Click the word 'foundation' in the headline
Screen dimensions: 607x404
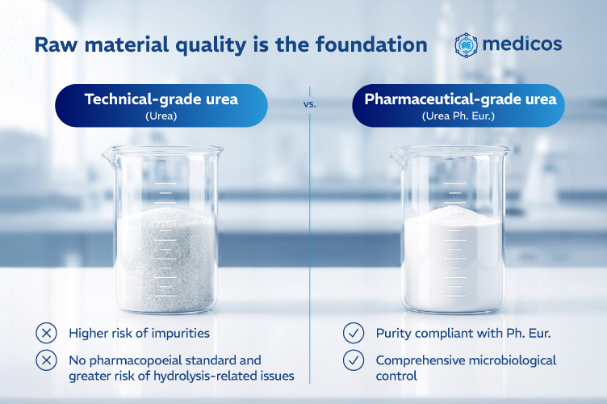(x=371, y=44)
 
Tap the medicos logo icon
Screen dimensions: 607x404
(x=466, y=45)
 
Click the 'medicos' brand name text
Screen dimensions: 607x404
(x=522, y=44)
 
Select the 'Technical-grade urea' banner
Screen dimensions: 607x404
(x=161, y=105)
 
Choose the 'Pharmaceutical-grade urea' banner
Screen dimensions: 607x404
(x=458, y=105)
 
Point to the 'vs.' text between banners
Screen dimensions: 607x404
(x=310, y=104)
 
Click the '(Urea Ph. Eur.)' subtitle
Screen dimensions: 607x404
(x=458, y=116)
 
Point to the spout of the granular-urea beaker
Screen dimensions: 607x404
(x=107, y=154)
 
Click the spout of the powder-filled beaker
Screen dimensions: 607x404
(x=396, y=154)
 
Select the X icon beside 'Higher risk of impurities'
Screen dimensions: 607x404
(x=47, y=333)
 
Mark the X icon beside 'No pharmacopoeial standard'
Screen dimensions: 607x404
(x=47, y=360)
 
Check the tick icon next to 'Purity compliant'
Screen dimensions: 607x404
(x=354, y=333)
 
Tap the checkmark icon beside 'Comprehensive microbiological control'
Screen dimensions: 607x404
(x=354, y=360)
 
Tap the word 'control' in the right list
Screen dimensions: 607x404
(x=396, y=376)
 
